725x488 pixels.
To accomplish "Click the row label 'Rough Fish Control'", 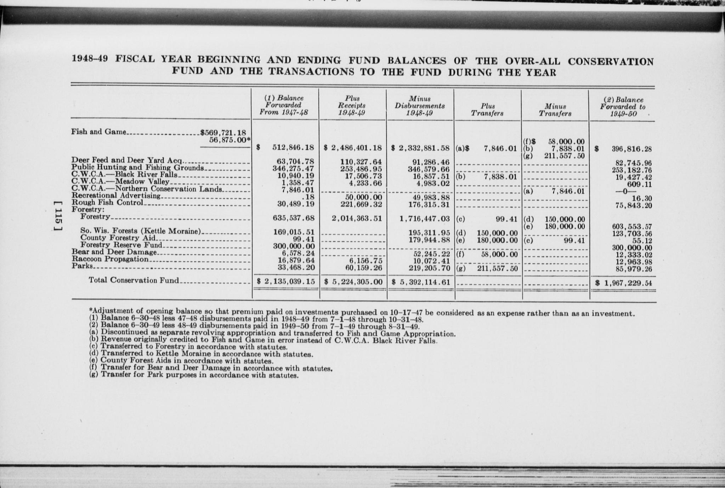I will point(108,203).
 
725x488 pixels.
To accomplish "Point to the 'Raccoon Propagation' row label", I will point(110,259).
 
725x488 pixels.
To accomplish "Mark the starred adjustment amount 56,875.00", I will point(228,140).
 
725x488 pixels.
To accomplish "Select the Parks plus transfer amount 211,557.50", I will point(498,268).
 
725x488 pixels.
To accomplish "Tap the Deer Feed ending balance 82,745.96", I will point(634,163).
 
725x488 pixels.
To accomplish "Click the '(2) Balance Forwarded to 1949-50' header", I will point(623,107).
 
